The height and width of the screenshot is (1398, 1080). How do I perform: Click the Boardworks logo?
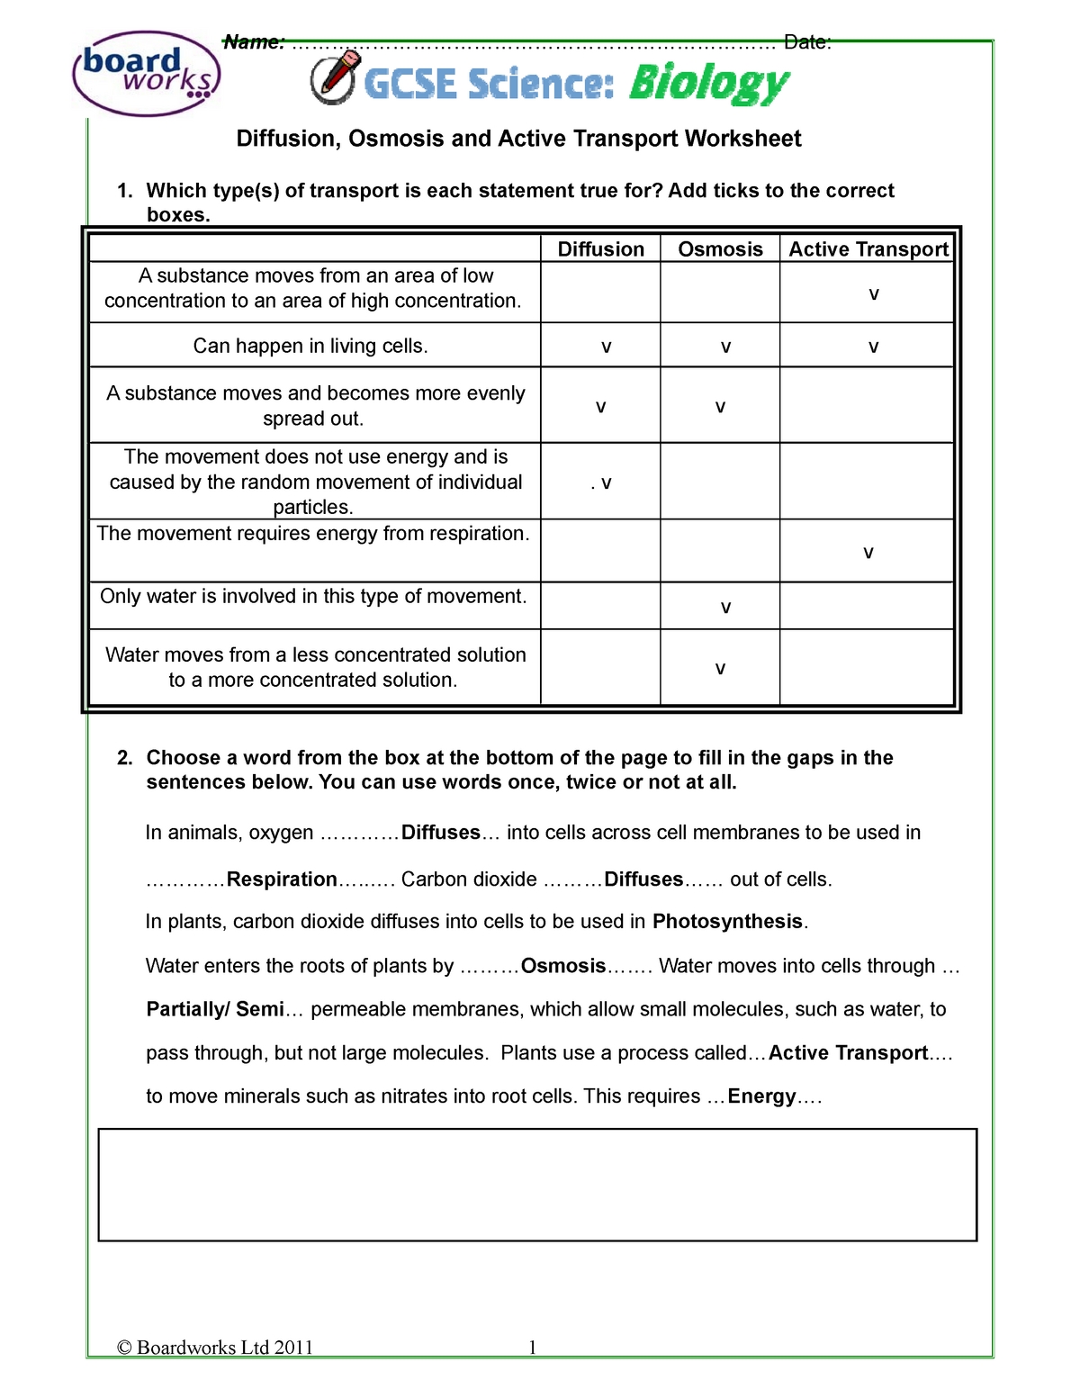pyautogui.click(x=147, y=73)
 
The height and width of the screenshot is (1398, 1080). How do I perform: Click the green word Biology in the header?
pyautogui.click(x=708, y=85)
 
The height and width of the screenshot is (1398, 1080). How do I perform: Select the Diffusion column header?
pyautogui.click(x=600, y=249)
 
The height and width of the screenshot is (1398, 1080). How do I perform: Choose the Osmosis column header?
pyautogui.click(x=720, y=249)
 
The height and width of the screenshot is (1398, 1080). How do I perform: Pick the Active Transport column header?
pyautogui.click(x=868, y=249)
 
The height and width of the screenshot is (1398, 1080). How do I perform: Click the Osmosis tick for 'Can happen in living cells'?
pyautogui.click(x=725, y=347)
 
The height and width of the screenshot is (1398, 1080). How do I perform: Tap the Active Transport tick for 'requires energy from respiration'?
pyautogui.click(x=868, y=553)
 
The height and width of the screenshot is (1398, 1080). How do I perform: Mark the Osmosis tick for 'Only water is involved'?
pyautogui.click(x=725, y=608)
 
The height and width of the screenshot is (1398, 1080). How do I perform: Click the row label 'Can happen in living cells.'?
pyautogui.click(x=310, y=347)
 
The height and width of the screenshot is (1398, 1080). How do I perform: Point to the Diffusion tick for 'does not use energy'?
pyautogui.click(x=606, y=483)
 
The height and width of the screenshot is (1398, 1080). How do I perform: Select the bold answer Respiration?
pyautogui.click(x=282, y=879)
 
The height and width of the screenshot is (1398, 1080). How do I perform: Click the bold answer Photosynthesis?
pyautogui.click(x=727, y=922)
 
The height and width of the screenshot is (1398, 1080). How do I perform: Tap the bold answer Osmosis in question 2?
pyautogui.click(x=563, y=966)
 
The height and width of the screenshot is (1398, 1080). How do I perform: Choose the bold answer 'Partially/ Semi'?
pyautogui.click(x=215, y=1009)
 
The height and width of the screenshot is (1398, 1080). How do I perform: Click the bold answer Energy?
pyautogui.click(x=761, y=1096)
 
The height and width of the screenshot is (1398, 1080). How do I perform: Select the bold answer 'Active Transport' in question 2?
pyautogui.click(x=848, y=1053)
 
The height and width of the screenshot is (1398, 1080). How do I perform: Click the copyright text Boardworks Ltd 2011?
pyautogui.click(x=215, y=1348)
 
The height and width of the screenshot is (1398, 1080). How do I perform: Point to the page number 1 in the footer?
pyautogui.click(x=533, y=1348)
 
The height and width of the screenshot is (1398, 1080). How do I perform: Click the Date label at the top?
pyautogui.click(x=806, y=42)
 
